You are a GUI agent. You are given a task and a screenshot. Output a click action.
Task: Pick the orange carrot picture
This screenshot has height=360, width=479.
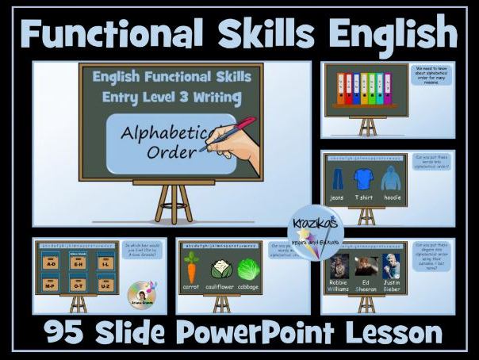[190, 268]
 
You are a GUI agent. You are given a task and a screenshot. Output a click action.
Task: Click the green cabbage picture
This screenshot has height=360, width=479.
[249, 268]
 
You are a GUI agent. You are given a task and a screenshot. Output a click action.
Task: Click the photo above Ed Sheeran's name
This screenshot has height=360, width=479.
[366, 266]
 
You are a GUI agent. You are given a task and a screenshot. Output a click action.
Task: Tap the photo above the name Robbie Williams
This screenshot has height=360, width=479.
[339, 266]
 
